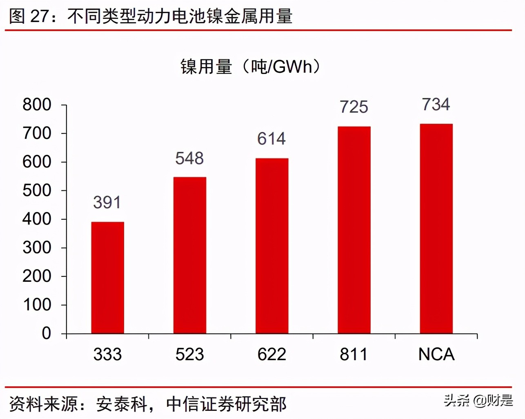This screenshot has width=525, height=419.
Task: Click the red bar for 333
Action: [x=107, y=278]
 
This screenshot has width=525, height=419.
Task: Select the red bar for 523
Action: [x=190, y=255]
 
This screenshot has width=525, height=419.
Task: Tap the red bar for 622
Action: [x=272, y=246]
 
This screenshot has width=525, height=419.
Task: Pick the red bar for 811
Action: [x=354, y=230]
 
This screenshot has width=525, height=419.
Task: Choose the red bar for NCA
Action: [x=436, y=229]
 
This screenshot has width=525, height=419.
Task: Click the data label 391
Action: [x=107, y=203]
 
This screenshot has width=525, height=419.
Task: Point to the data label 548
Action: [x=189, y=158]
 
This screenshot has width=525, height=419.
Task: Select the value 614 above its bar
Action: [x=271, y=139]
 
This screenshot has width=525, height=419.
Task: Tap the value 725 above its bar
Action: [x=354, y=107]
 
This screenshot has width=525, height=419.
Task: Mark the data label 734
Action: [x=436, y=105]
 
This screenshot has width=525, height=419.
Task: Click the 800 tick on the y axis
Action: [x=37, y=105]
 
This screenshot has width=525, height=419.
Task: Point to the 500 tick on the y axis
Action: [x=37, y=191]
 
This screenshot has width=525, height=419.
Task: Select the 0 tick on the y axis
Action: [x=46, y=333]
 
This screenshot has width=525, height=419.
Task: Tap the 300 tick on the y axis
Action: [x=37, y=248]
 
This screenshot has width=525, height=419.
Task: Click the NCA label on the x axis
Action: [x=436, y=354]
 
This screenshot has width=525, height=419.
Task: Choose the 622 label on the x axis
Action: [x=272, y=354]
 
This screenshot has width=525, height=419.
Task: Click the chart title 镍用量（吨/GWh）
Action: [x=250, y=66]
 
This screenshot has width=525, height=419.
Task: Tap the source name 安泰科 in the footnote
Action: [x=122, y=404]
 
